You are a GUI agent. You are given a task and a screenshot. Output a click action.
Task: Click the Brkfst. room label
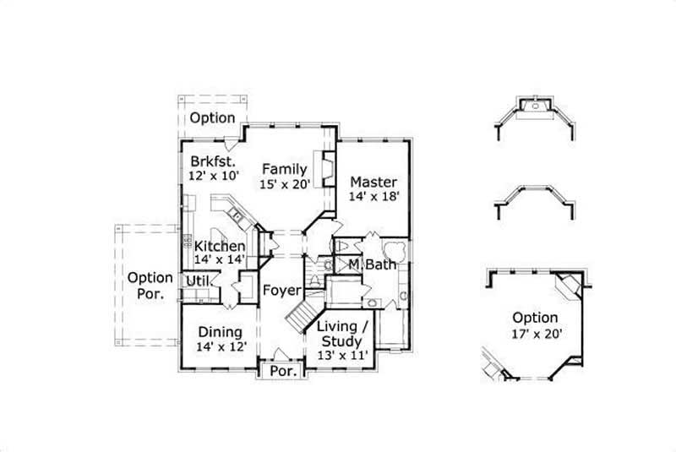tap(211, 161)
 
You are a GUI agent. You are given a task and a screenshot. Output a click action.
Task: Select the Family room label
tap(283, 168)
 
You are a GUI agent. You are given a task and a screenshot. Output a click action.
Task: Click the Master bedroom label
tap(373, 182)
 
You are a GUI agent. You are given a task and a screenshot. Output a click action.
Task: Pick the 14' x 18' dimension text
tap(373, 196)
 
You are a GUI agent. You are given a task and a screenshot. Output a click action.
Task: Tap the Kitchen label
tap(220, 247)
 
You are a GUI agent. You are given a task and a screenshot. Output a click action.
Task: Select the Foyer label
tap(281, 291)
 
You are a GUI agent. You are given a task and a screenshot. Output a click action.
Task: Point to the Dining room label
tap(220, 332)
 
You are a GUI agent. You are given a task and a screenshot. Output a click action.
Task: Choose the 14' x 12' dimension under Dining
tap(220, 346)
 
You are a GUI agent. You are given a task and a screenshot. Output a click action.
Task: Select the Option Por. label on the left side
tap(150, 286)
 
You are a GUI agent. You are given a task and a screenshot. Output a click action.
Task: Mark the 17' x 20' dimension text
tap(535, 333)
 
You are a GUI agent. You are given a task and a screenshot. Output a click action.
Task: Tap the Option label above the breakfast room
tap(212, 117)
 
